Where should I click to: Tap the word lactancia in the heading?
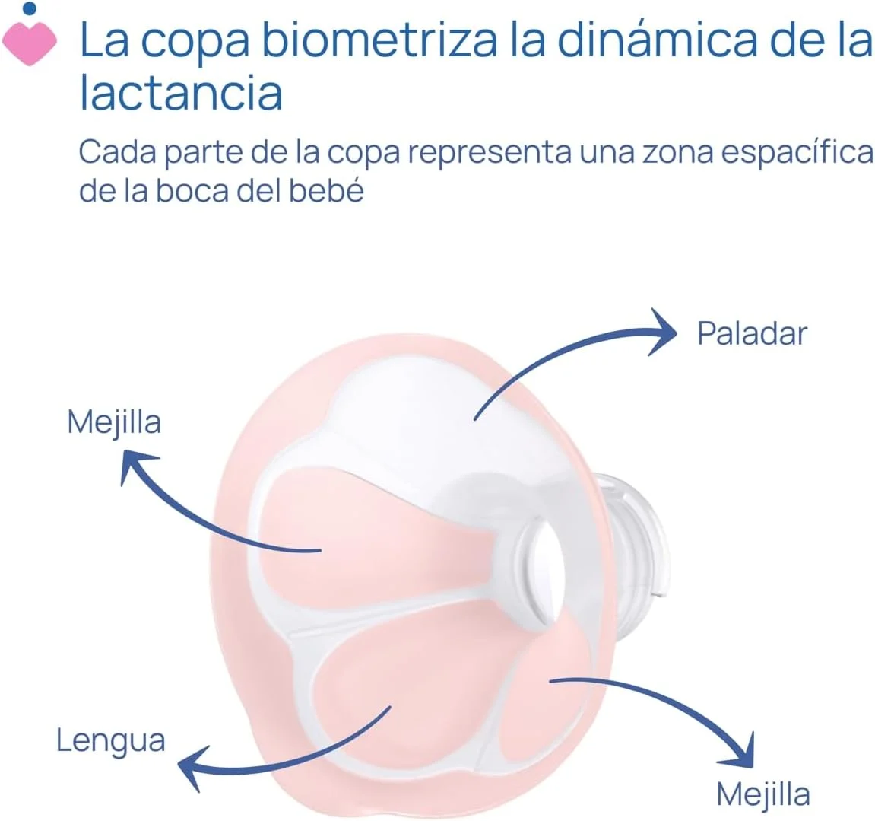pos(181,93)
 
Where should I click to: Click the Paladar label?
pos(752,333)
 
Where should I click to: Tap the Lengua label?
pos(111,740)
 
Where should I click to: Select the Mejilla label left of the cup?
pos(114,422)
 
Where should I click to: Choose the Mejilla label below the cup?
pos(763,794)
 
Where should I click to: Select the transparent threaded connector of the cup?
pos(635,533)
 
